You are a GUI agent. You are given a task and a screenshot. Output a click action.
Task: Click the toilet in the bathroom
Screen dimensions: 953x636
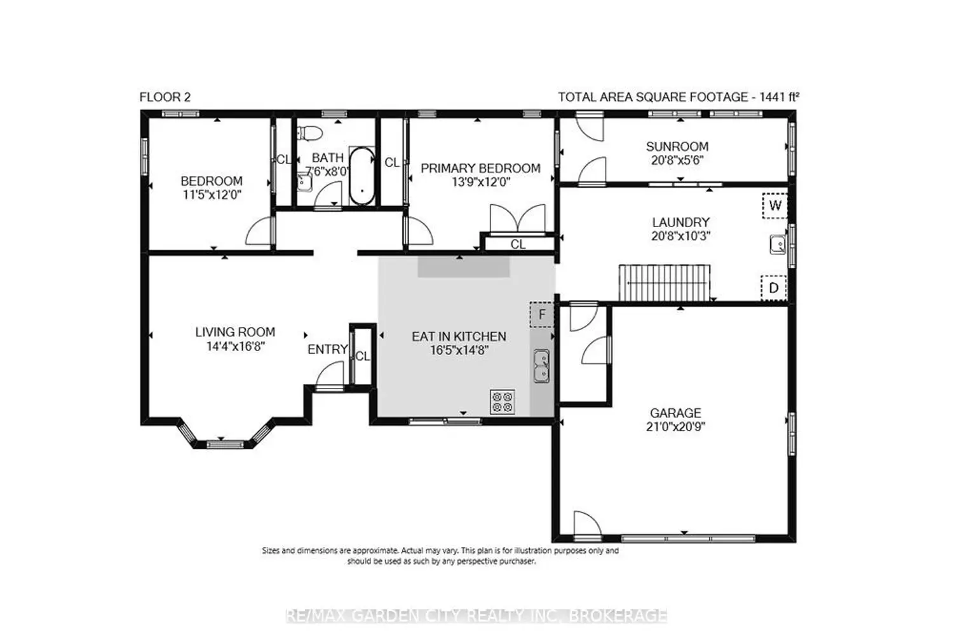coord(310,133)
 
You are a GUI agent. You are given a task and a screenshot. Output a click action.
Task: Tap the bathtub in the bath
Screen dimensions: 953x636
coord(362,176)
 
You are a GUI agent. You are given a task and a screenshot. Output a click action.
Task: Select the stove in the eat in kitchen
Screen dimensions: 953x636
coord(503,402)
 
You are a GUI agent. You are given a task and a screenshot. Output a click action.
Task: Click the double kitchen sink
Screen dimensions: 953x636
coord(541,366)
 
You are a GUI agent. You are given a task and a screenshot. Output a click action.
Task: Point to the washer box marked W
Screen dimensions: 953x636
coord(774,206)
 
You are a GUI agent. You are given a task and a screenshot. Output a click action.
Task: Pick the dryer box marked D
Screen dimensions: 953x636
coord(773,288)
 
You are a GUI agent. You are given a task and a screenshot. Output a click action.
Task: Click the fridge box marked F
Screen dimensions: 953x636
coord(542,314)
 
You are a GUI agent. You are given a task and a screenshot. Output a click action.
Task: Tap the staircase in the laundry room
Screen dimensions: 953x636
coord(664,283)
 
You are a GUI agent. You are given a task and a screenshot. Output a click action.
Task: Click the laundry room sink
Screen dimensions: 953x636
coord(778,244)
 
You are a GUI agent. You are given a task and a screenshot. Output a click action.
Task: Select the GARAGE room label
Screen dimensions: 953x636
coord(675,413)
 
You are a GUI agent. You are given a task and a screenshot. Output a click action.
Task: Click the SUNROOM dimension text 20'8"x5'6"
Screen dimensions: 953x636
coord(677,160)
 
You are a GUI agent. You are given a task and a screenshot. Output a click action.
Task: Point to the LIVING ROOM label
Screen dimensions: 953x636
coord(235,332)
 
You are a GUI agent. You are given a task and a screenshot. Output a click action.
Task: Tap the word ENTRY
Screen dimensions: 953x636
coord(328,349)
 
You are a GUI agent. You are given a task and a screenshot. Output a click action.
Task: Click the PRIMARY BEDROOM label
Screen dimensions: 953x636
coord(481,169)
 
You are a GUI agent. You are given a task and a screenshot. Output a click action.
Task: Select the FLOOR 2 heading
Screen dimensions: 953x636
coord(165,97)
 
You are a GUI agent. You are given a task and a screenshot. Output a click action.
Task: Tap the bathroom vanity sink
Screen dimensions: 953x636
coord(304,183)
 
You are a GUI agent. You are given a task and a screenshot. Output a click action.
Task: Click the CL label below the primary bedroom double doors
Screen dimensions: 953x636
coord(518,244)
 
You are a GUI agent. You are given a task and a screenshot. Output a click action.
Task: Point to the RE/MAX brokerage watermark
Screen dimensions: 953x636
coord(476,616)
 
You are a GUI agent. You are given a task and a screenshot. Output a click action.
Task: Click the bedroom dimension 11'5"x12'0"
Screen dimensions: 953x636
coord(212,195)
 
